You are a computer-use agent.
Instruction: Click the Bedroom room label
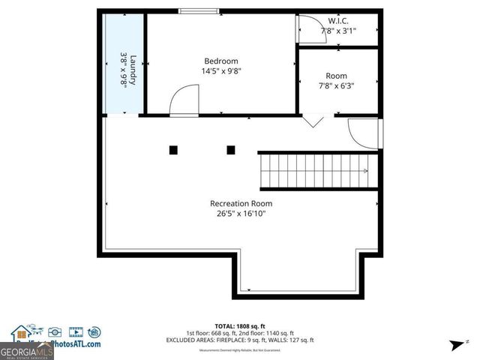pyautogui.click(x=221, y=61)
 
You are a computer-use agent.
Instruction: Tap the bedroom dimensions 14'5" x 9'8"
pyautogui.click(x=221, y=71)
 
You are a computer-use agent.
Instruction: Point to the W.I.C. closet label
pyautogui.click(x=338, y=20)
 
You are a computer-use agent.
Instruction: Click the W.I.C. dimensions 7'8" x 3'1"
pyautogui.click(x=338, y=31)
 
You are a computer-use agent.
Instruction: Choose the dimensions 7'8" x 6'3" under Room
pyautogui.click(x=336, y=85)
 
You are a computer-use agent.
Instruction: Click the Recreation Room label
pyautogui.click(x=241, y=203)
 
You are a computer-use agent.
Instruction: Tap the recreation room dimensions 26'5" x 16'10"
pyautogui.click(x=241, y=214)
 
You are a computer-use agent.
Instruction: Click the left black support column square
pyautogui.click(x=173, y=150)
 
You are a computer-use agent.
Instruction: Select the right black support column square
pyautogui.click(x=230, y=150)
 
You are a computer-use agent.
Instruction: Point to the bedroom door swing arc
pyautogui.click(x=184, y=100)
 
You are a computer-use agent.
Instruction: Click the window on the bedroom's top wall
pyautogui.click(x=199, y=11)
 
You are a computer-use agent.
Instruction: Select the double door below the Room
pyautogui.click(x=313, y=121)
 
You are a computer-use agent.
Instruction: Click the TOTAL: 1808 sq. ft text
pyautogui.click(x=240, y=326)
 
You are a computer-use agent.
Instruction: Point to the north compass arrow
pyautogui.click(x=454, y=345)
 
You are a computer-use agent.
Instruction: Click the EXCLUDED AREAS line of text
pyautogui.click(x=240, y=340)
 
